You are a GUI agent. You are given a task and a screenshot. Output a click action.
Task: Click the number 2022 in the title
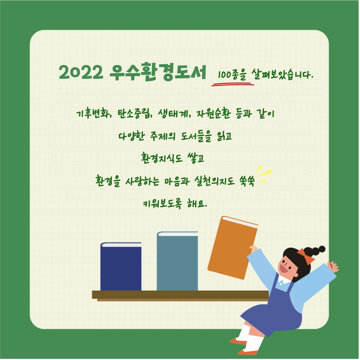tap(81, 72)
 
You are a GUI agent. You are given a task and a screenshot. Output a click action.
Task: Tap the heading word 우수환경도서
tap(158, 72)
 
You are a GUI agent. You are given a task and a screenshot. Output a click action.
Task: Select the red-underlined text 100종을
tap(232, 75)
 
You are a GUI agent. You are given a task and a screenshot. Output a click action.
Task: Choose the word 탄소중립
tap(133, 114)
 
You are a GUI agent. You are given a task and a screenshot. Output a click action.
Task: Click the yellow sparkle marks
tap(263, 174)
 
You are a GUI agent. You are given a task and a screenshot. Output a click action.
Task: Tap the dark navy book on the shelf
tap(121, 266)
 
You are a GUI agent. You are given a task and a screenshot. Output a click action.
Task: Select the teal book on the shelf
tap(177, 261)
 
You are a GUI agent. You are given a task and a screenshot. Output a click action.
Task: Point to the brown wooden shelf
tap(180, 296)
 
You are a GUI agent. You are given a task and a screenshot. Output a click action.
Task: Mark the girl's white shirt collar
tap(284, 280)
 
